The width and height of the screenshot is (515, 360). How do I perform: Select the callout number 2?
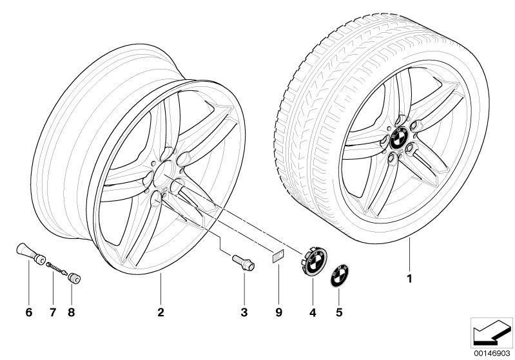160,313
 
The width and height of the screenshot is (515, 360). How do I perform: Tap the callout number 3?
244,313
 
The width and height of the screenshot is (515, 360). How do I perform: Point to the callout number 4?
312,313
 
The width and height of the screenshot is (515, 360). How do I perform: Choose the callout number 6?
28,313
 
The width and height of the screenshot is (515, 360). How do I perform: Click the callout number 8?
72,313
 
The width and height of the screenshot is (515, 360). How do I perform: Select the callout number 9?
279,313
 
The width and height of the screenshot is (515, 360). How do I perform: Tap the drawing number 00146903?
492,353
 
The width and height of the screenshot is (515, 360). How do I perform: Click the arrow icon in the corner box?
491,332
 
